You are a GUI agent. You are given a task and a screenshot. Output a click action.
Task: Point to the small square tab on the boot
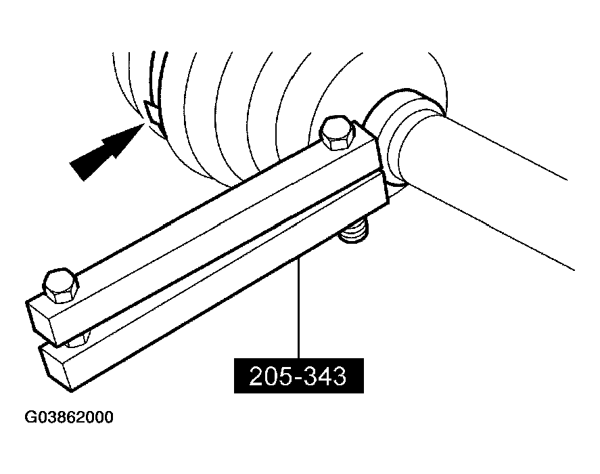coord(152,112)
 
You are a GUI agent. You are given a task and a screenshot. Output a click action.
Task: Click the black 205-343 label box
coord(298,376)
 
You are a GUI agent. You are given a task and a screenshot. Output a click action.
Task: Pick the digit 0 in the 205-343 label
coord(273,376)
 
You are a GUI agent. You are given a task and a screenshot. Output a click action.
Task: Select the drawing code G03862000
coord(69,417)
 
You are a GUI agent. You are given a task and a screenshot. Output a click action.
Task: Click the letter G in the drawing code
coord(30,417)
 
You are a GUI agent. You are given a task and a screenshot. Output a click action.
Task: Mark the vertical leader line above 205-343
coord(298,309)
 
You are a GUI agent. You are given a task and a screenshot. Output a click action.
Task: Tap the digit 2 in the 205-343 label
coord(257,376)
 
